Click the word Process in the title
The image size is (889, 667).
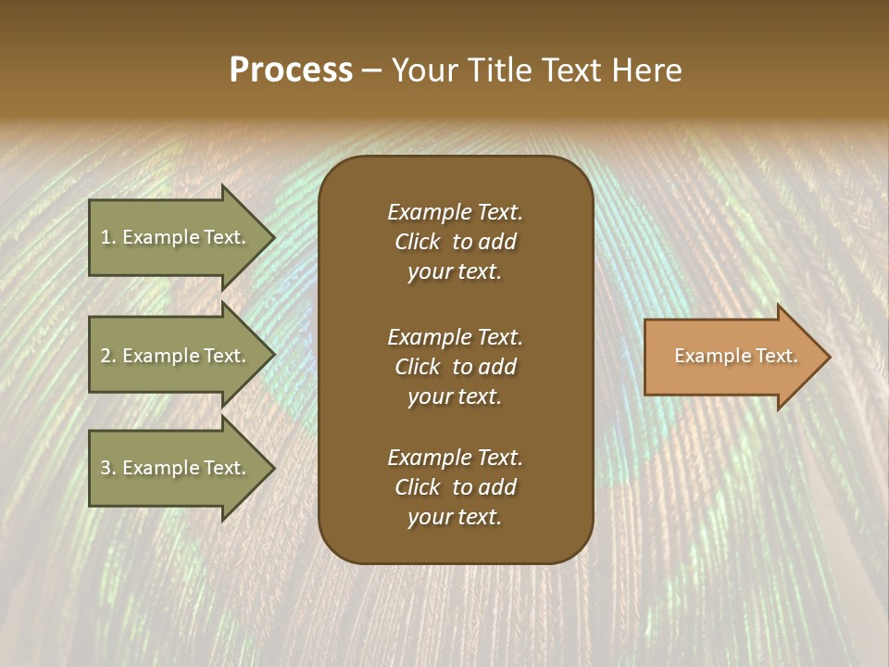pos(291,70)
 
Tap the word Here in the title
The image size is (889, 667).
pos(647,70)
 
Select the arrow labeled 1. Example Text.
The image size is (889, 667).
pos(174,237)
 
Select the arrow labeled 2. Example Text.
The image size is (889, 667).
pos(174,356)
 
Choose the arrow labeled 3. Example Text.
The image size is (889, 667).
pos(174,468)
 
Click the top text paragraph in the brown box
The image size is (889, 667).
pos(455,242)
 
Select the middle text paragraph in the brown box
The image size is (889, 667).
pos(455,367)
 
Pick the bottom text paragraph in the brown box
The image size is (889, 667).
pos(455,487)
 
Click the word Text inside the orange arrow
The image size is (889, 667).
pos(777,356)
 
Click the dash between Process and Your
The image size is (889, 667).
pos(371,71)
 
